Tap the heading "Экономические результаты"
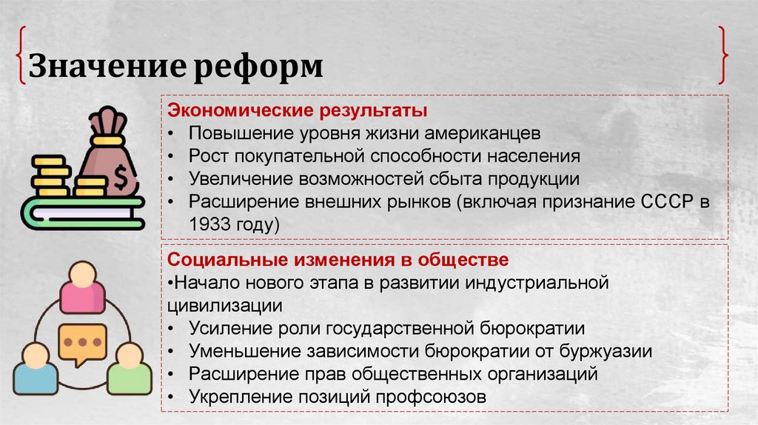coord(298,111)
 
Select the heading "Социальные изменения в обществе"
coord(338,261)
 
